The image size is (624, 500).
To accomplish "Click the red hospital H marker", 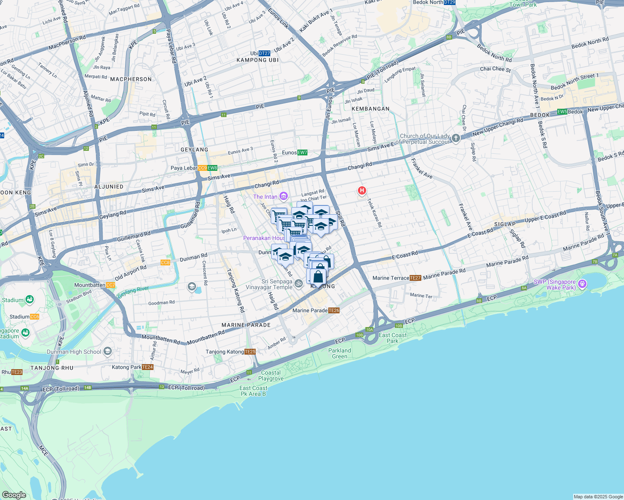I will point(362,191).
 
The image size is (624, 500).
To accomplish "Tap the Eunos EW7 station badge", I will point(302,152).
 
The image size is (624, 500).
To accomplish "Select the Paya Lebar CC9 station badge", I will point(202,168).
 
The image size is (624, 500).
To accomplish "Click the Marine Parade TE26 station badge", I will point(334,310).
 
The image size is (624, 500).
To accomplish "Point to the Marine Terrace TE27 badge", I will point(415,278).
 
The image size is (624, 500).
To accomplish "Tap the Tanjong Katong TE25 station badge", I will point(250,352).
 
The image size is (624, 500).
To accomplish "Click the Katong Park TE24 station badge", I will point(148,367).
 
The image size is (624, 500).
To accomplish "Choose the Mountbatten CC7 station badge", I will point(111,285).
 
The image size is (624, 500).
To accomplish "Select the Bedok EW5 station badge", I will point(562,112).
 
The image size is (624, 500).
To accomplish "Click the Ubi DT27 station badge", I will point(264,53).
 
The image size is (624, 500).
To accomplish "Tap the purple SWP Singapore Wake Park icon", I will point(583,285).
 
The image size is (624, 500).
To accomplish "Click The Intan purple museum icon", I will point(284,196).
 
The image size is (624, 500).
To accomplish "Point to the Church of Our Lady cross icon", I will point(456,138).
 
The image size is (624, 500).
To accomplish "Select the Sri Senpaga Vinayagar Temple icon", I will point(298,284).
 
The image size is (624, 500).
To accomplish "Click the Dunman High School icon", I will point(108,352).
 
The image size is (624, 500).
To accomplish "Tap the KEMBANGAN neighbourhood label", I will point(370,109).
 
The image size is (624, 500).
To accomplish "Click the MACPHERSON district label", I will point(131,79).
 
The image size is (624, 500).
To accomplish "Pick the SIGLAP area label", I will point(505,224).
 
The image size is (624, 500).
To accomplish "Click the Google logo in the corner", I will point(14,495).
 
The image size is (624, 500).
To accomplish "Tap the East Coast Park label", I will point(393,338).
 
